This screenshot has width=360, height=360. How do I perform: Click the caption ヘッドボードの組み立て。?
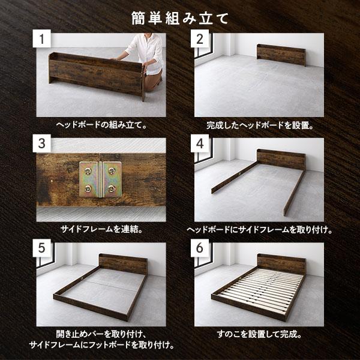click(100, 126)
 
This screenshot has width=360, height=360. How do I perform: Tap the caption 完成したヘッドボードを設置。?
click(260, 126)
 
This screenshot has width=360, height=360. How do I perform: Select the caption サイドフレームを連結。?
click(100, 230)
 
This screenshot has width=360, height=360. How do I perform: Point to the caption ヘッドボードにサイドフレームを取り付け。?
click(260, 230)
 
